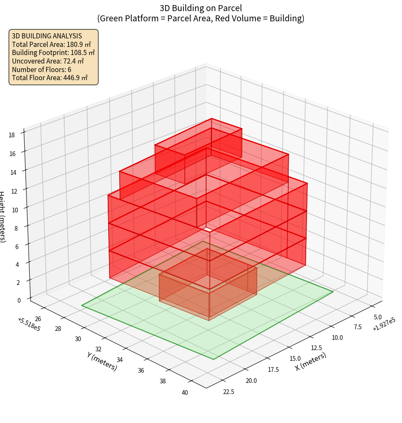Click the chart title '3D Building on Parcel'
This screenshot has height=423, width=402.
(201, 8)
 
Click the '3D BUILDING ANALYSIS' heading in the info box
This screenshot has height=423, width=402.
(47, 36)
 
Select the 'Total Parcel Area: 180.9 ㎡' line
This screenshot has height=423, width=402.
(52, 44)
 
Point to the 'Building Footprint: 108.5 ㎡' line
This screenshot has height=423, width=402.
(53, 52)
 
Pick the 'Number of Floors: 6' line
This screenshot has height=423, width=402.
(42, 70)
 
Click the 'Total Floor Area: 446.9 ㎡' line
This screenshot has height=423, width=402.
(50, 78)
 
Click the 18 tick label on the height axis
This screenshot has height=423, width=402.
(11, 135)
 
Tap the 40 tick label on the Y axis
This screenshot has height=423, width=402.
(184, 393)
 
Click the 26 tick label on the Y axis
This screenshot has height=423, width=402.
(38, 319)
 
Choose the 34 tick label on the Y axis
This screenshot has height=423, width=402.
(120, 360)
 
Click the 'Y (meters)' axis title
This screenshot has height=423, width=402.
(102, 361)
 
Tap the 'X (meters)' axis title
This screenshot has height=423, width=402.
(311, 362)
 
